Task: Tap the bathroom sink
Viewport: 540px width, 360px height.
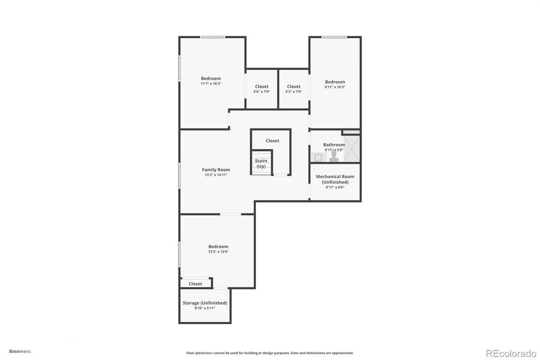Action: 319,157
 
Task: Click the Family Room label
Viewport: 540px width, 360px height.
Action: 216,170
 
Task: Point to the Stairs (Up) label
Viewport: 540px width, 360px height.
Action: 261,163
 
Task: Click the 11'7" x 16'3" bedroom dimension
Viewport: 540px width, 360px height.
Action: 211,84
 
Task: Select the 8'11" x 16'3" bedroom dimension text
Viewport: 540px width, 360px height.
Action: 335,87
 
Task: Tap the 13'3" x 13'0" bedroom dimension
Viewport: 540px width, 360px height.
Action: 218,252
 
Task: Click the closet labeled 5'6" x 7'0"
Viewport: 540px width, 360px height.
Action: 262,89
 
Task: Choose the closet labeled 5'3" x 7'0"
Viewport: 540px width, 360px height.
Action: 293,89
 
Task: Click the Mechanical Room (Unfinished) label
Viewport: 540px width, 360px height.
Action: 335,179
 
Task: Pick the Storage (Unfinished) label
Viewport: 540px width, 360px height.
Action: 205,303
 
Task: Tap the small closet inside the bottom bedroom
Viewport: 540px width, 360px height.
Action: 196,284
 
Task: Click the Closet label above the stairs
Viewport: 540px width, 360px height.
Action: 272,141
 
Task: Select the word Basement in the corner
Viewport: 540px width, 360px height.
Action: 20,351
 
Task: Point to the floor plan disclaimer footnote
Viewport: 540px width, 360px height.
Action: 270,353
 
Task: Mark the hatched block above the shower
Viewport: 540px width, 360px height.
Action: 351,132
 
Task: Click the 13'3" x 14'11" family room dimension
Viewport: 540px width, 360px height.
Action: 216,175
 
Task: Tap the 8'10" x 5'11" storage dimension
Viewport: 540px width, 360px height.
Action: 205,308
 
